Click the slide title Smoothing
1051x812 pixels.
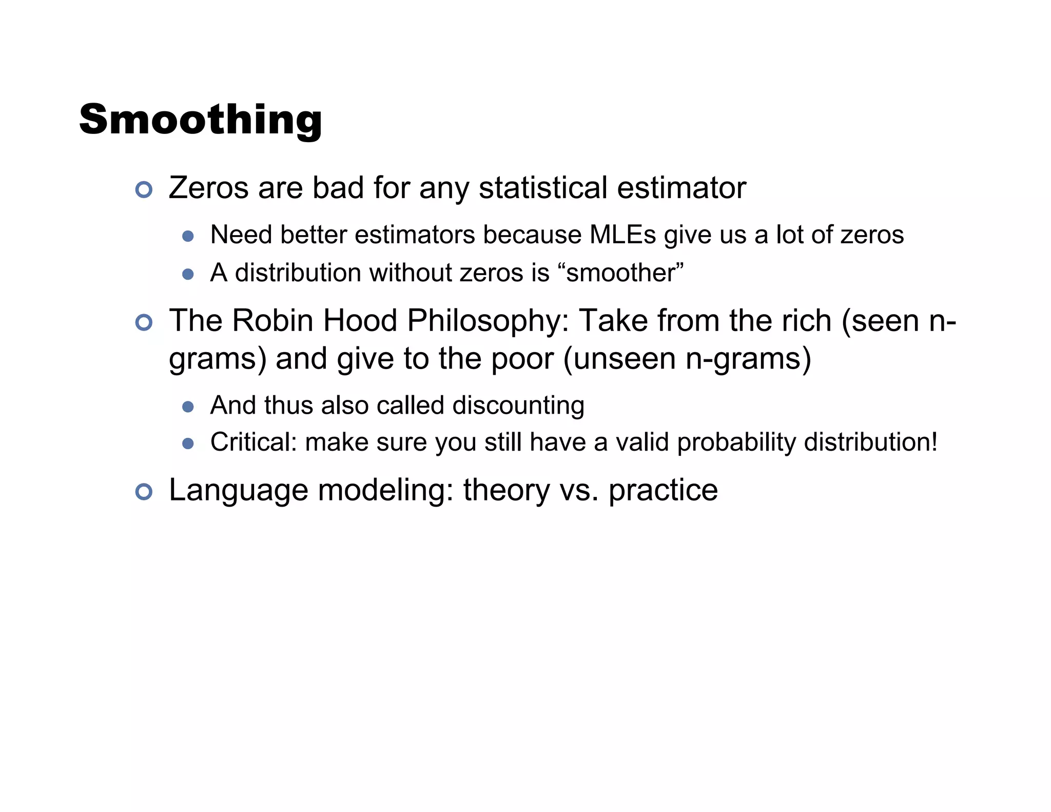(x=201, y=120)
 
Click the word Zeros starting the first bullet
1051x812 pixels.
(x=208, y=188)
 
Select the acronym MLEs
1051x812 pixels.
(x=622, y=235)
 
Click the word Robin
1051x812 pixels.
(x=273, y=321)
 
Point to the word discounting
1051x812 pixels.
(x=518, y=405)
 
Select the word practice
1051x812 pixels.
(x=663, y=490)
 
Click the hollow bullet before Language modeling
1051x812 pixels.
(x=144, y=492)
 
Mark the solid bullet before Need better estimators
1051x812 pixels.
(x=188, y=236)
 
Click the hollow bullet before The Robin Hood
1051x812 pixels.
(x=144, y=322)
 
